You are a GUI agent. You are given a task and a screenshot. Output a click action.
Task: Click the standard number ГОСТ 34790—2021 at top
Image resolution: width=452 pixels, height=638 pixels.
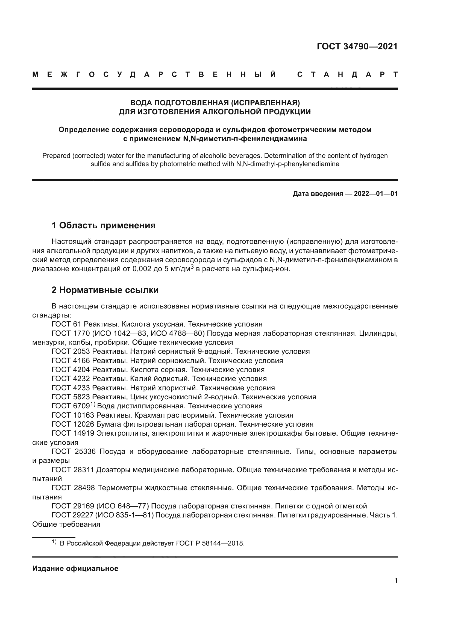pyautogui.click(x=357, y=46)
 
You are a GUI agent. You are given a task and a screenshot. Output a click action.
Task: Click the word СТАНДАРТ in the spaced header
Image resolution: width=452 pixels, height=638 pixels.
pyautogui.click(x=347, y=74)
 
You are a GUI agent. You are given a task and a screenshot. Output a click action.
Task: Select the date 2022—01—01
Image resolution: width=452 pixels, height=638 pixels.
pyautogui.click(x=376, y=194)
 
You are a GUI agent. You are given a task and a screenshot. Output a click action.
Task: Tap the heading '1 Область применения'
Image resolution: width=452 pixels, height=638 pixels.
pyautogui.click(x=104, y=225)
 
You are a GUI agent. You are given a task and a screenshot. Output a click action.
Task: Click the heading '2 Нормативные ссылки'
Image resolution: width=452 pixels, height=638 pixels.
pyautogui.click(x=105, y=290)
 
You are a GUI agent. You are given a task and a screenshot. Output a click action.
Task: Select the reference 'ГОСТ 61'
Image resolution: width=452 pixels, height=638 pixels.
pyautogui.click(x=66, y=324)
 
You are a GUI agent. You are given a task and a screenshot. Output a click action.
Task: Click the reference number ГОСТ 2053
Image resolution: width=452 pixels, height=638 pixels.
pyautogui.click(x=71, y=351)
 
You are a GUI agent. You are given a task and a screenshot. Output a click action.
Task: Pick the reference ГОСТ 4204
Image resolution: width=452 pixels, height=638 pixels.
pyautogui.click(x=71, y=370)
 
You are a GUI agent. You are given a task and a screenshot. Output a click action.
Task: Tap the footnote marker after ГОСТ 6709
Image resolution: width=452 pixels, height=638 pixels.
pyautogui.click(x=93, y=405)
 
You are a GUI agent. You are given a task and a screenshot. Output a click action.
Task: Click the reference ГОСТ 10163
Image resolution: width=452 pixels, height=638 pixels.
pyautogui.click(x=73, y=415)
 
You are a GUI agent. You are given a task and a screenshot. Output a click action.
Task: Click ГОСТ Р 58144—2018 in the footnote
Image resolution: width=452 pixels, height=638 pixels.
pyautogui.click(x=210, y=543)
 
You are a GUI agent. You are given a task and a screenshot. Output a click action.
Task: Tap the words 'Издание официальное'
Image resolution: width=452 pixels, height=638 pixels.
pyautogui.click(x=75, y=568)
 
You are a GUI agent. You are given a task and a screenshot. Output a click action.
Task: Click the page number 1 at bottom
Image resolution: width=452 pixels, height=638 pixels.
pyautogui.click(x=396, y=580)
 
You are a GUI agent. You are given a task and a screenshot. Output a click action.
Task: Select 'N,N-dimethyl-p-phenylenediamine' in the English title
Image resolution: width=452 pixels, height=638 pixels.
pyautogui.click(x=287, y=164)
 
